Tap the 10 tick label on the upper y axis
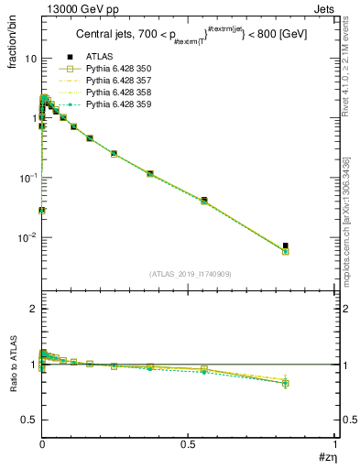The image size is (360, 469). [30, 59]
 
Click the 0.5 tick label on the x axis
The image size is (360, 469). [189, 444]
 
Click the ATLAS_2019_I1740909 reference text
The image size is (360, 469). [188, 274]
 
